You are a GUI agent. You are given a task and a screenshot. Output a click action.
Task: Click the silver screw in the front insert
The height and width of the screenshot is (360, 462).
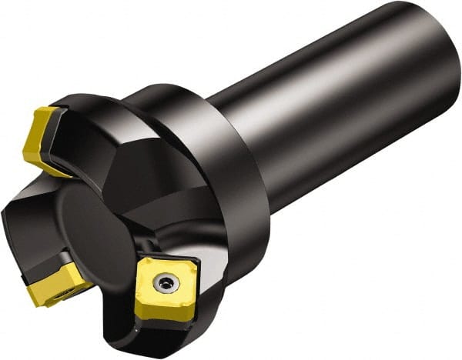pos(163,285)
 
